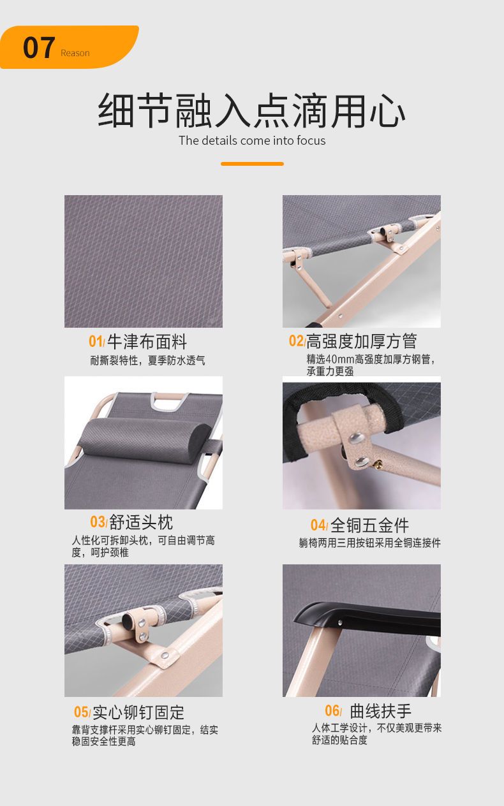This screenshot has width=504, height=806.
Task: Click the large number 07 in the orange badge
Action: pyautogui.click(x=39, y=48)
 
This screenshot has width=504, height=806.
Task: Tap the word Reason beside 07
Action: pyautogui.click(x=75, y=54)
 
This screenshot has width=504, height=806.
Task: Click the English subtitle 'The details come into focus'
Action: pyautogui.click(x=252, y=140)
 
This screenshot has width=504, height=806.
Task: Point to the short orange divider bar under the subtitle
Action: pyautogui.click(x=252, y=164)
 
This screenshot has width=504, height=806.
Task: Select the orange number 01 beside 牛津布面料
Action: pyautogui.click(x=96, y=341)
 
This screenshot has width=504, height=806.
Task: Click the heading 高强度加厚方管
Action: pyautogui.click(x=362, y=341)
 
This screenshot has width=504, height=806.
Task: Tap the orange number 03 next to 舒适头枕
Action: pyautogui.click(x=98, y=522)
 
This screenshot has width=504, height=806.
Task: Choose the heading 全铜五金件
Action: pyautogui.click(x=370, y=525)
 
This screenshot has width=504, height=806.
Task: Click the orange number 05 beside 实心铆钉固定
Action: pyautogui.click(x=82, y=712)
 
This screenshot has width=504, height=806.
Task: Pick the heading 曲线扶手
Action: pyautogui.click(x=380, y=711)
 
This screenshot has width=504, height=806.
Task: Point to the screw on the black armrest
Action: pyautogui.click(x=340, y=622)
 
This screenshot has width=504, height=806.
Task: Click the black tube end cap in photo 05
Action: pyautogui.click(x=128, y=620)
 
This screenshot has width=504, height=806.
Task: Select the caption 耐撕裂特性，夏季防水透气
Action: pyautogui.click(x=147, y=360)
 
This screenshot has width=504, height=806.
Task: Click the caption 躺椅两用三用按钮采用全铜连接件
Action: pyautogui.click(x=370, y=543)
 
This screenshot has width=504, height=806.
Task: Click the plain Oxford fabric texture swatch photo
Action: pyautogui.click(x=144, y=261)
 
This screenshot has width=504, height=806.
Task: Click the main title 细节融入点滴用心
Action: pyautogui.click(x=252, y=110)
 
